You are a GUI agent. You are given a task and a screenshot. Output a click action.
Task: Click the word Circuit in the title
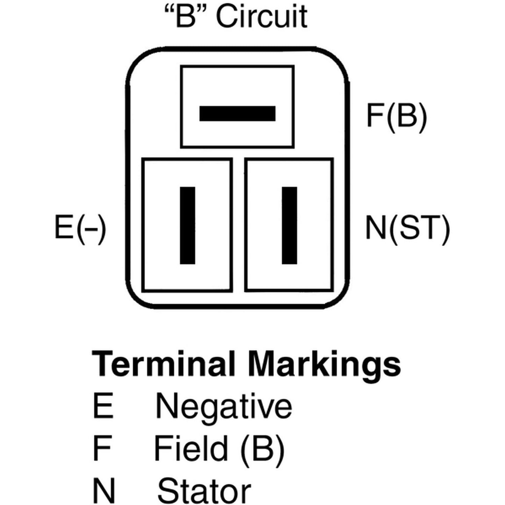click(x=262, y=17)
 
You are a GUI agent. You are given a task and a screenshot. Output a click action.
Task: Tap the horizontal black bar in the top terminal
click(x=237, y=114)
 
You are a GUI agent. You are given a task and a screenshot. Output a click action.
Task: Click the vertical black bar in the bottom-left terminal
click(x=188, y=225)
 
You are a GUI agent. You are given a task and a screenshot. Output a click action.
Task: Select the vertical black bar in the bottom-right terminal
click(x=289, y=225)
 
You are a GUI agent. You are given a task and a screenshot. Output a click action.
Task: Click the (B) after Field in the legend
click(x=262, y=449)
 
